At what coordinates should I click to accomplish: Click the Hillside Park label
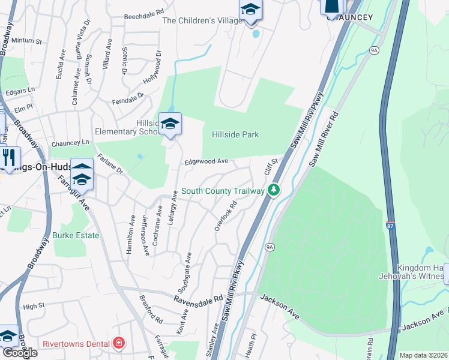[x=235, y=134]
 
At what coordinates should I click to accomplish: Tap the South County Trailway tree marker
[x=274, y=190]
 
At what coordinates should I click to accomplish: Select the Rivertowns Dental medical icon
[x=119, y=343]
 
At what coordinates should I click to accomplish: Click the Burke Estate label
[x=76, y=235]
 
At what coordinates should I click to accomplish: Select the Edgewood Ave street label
[x=206, y=161]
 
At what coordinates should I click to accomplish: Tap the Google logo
[x=20, y=353]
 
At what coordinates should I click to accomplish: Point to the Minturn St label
[x=28, y=42]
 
